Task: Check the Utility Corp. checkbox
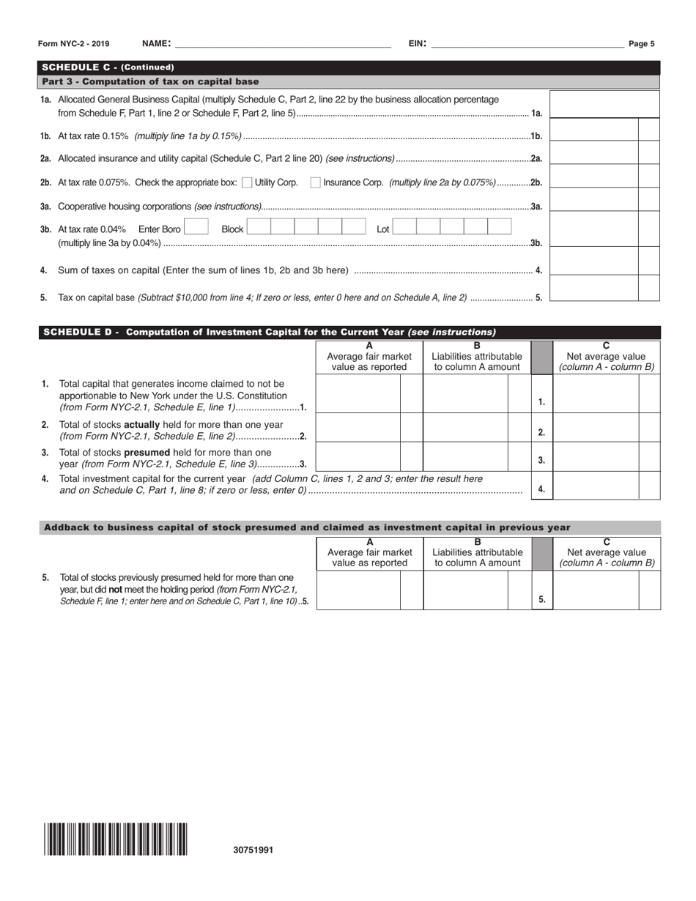pyautogui.click(x=247, y=182)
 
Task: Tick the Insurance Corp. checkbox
pyautogui.click(x=315, y=182)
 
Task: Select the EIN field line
pyautogui.click(x=527, y=44)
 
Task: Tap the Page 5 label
pyautogui.click(x=642, y=44)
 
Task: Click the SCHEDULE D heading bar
pyautogui.click(x=349, y=332)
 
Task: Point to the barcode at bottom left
pyautogui.click(x=115, y=839)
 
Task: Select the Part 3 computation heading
pyautogui.click(x=150, y=81)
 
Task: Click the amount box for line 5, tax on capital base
pyautogui.click(x=593, y=289)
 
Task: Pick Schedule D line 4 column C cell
pyautogui.click(x=596, y=486)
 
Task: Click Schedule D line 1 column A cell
pyautogui.click(x=358, y=393)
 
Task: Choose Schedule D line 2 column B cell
pyautogui.click(x=465, y=427)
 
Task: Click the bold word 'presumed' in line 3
pyautogui.click(x=147, y=453)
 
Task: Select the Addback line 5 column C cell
pyautogui.click(x=596, y=590)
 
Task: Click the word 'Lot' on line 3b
pyautogui.click(x=383, y=229)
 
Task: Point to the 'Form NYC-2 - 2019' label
pyautogui.click(x=73, y=44)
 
